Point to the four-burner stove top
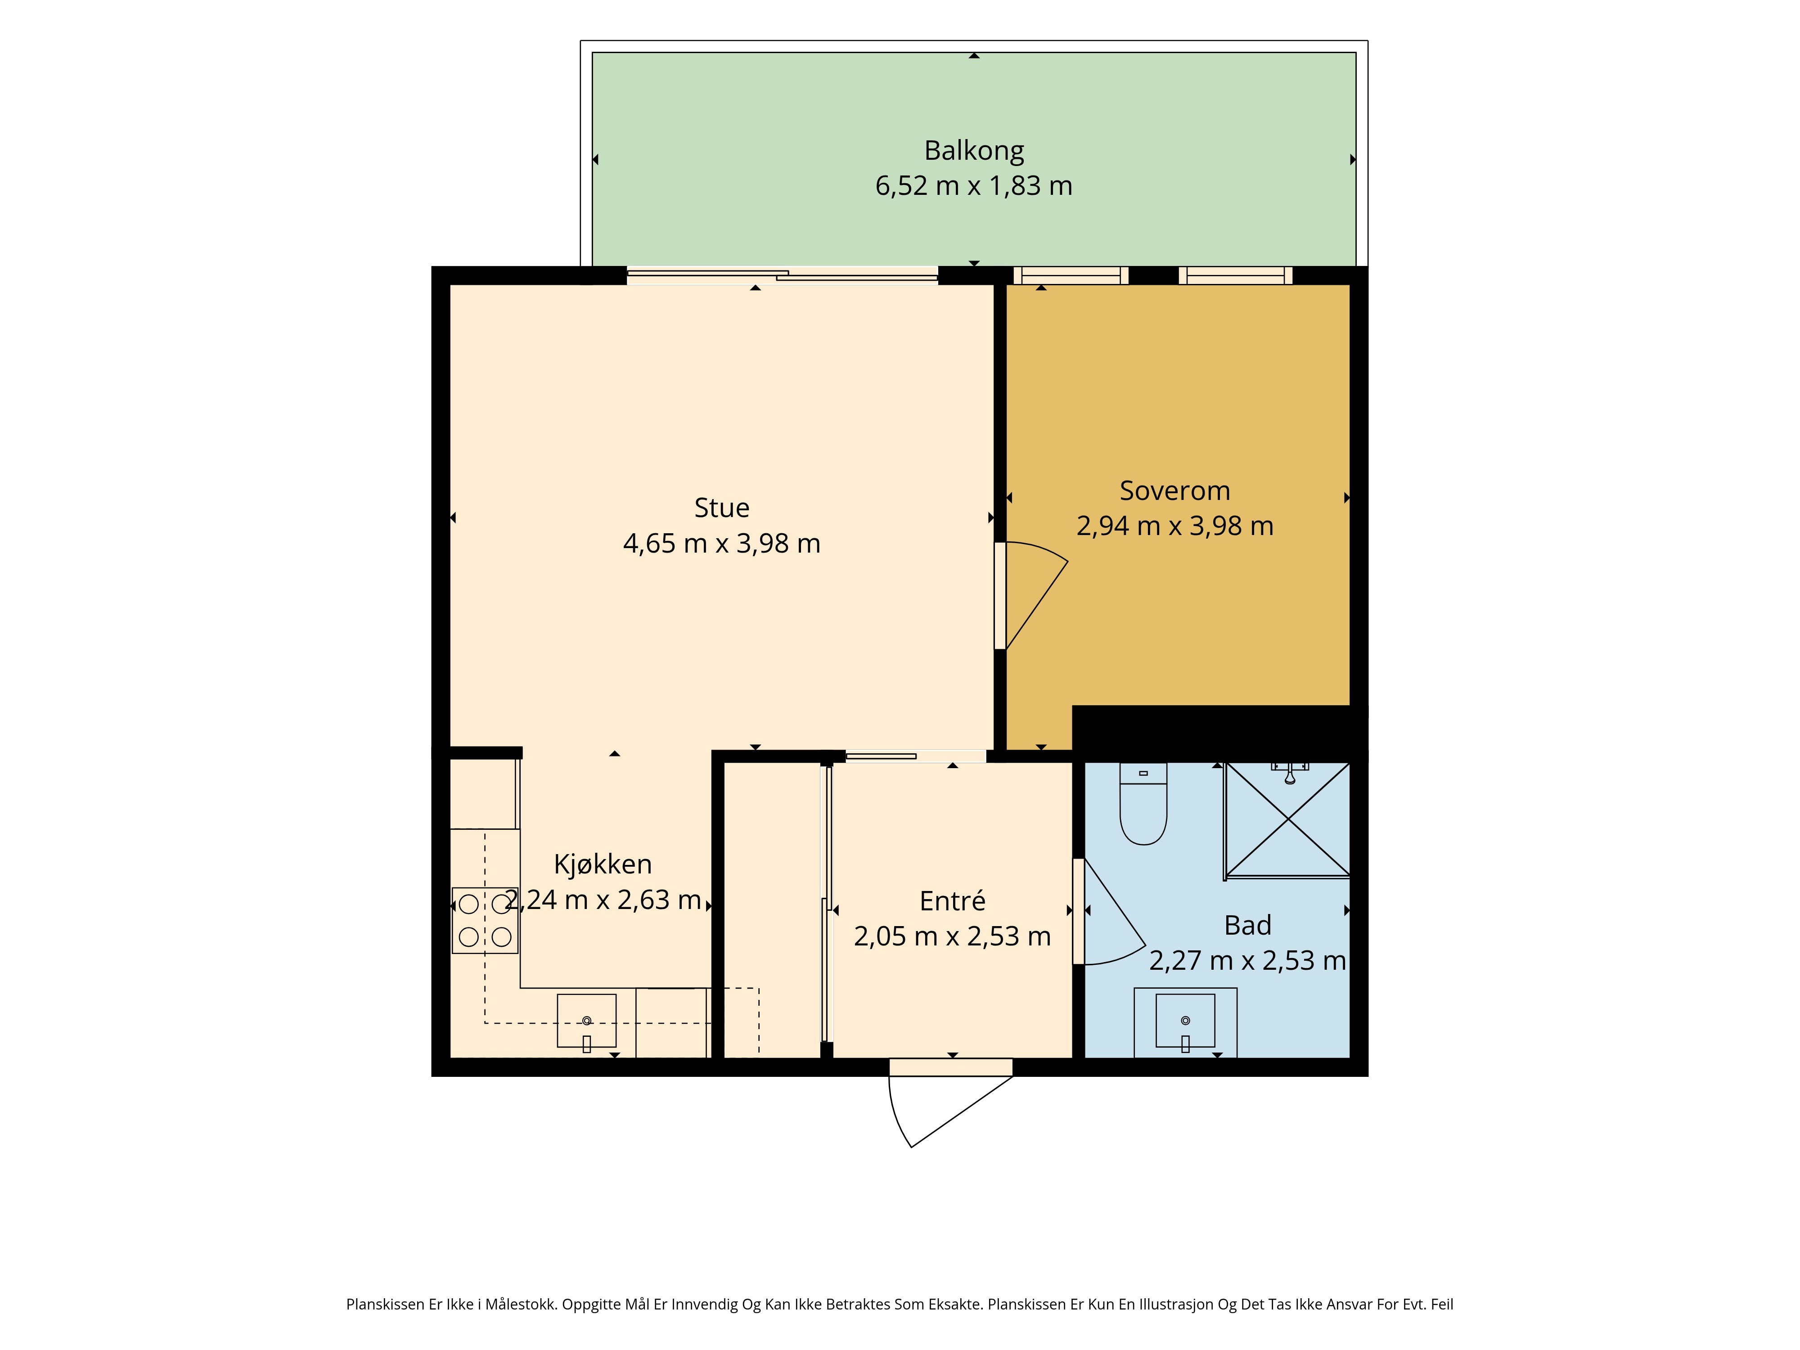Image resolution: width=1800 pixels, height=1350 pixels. click(x=485, y=920)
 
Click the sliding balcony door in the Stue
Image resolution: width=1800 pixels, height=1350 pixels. click(x=782, y=276)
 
